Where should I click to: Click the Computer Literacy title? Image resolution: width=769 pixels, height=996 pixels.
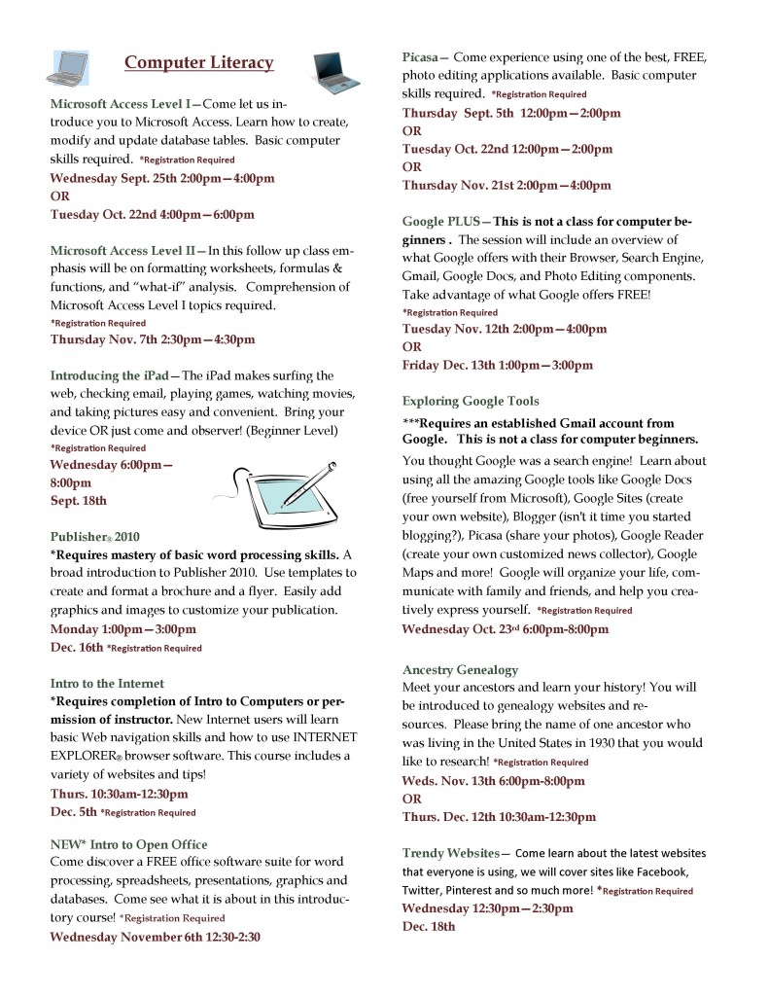(x=199, y=63)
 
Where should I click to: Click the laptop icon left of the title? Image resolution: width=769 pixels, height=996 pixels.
(x=67, y=68)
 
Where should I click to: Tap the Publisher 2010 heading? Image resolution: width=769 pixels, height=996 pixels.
(x=94, y=535)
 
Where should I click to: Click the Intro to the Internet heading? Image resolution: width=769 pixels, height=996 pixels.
(x=107, y=684)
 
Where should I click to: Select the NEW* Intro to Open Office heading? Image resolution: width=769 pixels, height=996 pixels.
(x=128, y=843)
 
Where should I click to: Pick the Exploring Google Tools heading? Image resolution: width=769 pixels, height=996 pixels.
(x=471, y=401)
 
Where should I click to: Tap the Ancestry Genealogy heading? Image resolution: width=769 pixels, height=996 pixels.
(x=460, y=669)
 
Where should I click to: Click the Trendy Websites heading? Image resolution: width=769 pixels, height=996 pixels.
(x=451, y=853)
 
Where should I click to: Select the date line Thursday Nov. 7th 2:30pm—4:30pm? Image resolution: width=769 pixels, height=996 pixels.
(x=153, y=339)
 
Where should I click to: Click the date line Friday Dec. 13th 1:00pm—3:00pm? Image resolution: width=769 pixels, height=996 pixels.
(x=497, y=366)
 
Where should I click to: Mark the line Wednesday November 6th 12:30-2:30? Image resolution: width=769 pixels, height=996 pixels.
(x=155, y=938)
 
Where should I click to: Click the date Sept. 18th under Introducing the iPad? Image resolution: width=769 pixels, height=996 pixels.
(x=79, y=501)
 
